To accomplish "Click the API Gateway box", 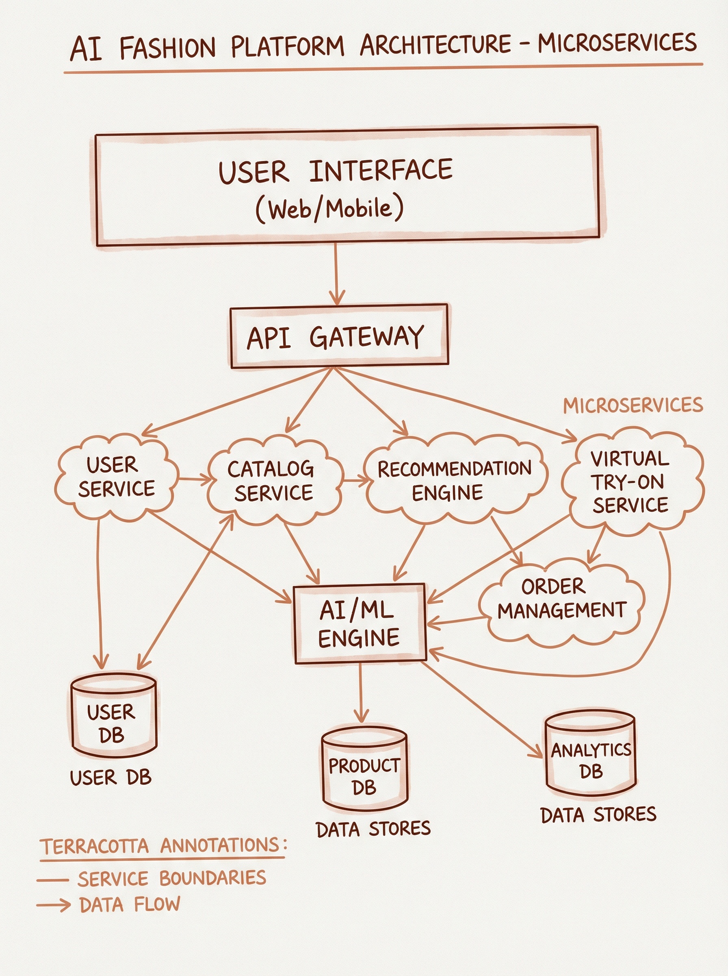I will point(339,336).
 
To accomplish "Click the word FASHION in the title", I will point(167,48).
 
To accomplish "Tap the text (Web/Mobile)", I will point(329,209).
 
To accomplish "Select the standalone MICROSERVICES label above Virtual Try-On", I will point(633,405).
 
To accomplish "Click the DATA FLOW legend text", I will point(130,904).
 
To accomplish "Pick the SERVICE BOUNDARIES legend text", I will point(172,878).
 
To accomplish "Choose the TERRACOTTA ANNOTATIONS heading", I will point(163,846).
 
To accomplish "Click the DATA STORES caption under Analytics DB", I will point(598,815).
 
